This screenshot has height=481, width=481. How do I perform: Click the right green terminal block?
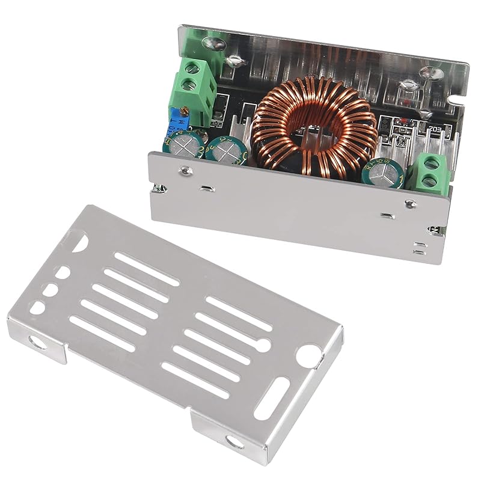(428, 171)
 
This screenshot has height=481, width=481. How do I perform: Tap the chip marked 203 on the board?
(435, 128)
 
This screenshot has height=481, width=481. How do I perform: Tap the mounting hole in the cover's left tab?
(37, 345)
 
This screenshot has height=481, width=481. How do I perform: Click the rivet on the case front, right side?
(411, 203)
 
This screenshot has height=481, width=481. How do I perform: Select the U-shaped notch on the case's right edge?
(460, 93)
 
